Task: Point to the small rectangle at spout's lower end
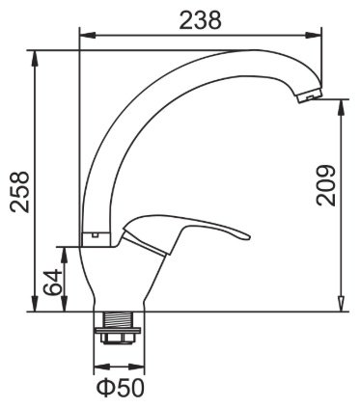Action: (96, 232)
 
